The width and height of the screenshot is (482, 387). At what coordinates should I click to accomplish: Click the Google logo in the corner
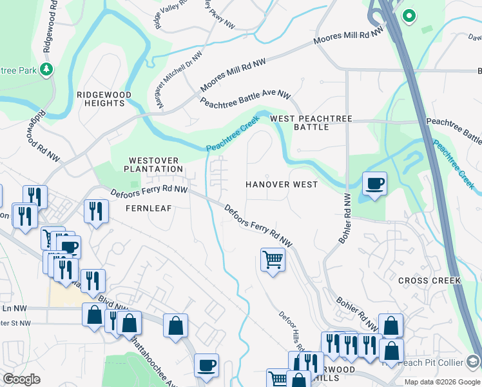coord(21,379)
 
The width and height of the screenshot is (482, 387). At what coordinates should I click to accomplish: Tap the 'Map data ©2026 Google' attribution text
coord(442,382)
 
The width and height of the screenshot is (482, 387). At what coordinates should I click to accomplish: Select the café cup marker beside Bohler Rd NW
coord(374,184)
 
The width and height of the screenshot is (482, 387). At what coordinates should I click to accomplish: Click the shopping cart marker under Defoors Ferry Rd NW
coord(273,260)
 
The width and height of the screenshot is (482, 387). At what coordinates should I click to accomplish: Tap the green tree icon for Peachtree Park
coord(46,68)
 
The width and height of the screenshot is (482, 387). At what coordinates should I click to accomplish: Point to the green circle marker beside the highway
coord(408,15)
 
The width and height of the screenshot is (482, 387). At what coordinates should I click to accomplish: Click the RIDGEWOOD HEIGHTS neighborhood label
coord(104,99)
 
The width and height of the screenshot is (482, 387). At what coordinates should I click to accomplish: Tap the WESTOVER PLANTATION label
coord(156,164)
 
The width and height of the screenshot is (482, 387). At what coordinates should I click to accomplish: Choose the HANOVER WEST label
coord(282,184)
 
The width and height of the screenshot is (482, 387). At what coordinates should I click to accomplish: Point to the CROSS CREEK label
coord(429,281)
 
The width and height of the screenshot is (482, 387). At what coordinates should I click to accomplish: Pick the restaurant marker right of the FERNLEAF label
coord(96,212)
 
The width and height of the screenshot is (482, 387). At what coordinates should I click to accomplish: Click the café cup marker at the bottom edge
coord(206,366)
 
